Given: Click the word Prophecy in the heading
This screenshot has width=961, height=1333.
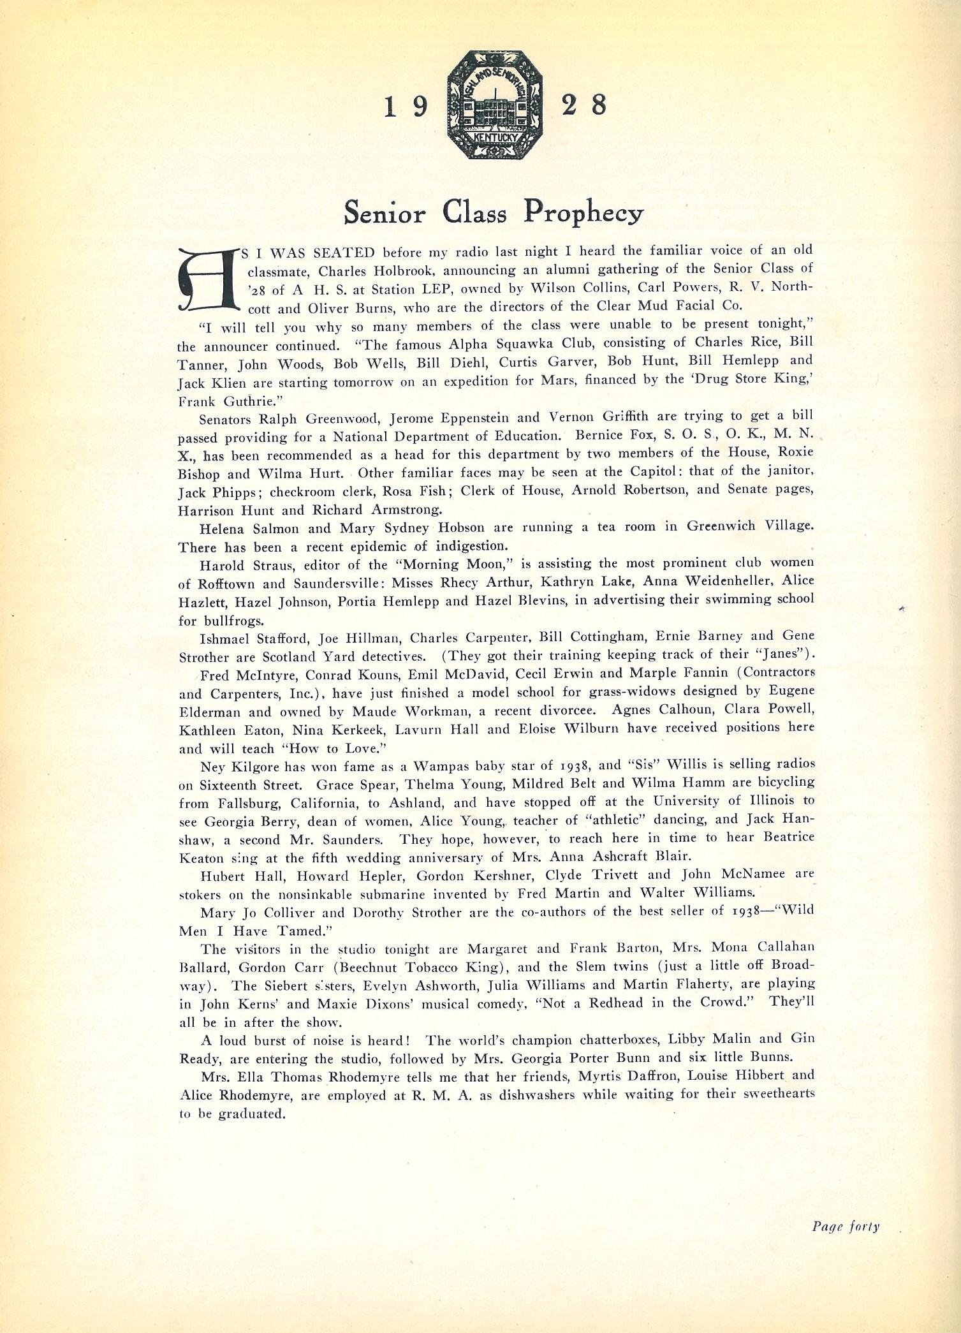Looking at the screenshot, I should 583,212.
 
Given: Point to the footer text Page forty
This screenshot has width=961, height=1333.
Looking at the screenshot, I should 846,1226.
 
